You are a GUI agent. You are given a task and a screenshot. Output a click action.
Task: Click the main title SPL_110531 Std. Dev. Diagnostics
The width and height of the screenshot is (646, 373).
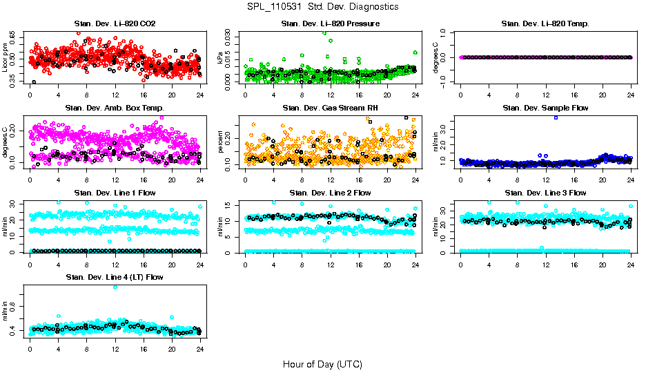coord(322,6)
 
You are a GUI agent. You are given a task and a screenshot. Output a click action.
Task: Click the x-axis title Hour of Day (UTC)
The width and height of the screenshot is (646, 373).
coord(322,364)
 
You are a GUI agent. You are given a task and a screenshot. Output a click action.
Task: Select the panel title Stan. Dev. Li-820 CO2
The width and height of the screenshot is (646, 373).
coord(115,24)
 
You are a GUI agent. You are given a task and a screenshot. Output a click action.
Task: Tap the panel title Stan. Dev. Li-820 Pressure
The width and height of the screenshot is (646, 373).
coord(331,24)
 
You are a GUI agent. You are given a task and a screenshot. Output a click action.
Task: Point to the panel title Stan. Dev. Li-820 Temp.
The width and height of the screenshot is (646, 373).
coord(545,24)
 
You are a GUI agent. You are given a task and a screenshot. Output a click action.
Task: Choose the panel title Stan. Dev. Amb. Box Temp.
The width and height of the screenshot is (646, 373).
coord(115,108)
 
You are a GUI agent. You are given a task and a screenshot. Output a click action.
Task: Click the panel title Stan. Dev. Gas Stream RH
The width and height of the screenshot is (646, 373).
coord(331,108)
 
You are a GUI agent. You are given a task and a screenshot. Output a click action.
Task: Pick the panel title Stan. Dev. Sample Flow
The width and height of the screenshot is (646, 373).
coord(545,108)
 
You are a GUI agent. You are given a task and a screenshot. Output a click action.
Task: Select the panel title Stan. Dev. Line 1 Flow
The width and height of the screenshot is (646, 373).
coord(115,193)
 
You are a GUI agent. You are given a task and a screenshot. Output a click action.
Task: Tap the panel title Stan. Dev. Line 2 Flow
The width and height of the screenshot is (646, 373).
coord(331,193)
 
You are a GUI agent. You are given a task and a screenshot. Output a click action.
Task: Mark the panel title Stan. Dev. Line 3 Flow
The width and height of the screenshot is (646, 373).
coord(545,193)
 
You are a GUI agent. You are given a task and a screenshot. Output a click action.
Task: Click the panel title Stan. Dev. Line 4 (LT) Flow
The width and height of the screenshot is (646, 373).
coord(115,277)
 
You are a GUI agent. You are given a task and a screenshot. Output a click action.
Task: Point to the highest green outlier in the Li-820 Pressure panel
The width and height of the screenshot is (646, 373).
coord(324,32)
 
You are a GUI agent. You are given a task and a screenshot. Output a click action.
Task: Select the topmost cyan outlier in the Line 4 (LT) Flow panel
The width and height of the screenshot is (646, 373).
coord(115,287)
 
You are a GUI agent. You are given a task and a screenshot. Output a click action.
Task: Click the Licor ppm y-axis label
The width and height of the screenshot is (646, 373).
coord(6,57)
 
